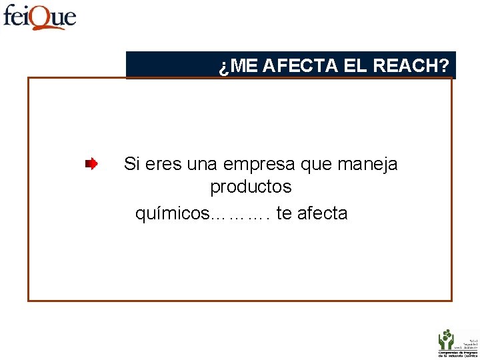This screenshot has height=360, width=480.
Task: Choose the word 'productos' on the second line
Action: [x=251, y=187]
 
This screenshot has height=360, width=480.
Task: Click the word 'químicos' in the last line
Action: [x=172, y=214]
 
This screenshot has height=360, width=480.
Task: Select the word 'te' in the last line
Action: [x=283, y=214]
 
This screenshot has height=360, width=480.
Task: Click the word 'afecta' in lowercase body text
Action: [x=322, y=214]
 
